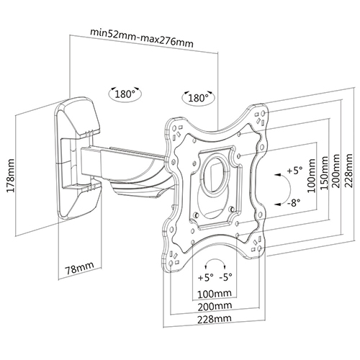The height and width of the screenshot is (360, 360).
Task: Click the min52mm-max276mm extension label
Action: (x=142, y=38)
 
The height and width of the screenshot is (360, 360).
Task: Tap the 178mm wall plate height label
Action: (x=10, y=176)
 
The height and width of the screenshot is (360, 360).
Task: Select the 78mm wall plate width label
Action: (x=79, y=268)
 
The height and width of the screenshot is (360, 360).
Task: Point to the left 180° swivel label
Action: (x=125, y=94)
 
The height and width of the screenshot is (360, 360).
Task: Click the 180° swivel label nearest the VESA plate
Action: (x=198, y=98)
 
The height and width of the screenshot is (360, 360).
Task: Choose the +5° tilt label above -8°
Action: (x=295, y=171)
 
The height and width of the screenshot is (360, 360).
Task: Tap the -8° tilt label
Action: (x=294, y=203)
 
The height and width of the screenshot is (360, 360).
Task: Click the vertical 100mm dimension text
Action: (x=312, y=176)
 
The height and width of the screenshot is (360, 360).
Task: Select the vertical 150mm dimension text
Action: (x=324, y=173)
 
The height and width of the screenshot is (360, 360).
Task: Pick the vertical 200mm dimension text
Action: (x=336, y=171)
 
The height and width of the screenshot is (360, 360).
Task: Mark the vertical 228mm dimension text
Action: (x=348, y=171)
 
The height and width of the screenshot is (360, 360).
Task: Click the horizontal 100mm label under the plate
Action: (x=215, y=294)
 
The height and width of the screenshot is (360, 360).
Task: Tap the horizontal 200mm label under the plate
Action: (x=215, y=306)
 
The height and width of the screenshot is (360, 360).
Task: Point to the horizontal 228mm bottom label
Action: (x=215, y=319)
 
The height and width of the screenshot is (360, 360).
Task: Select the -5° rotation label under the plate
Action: (x=226, y=277)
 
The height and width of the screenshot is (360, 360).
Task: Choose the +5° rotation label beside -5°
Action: (x=205, y=277)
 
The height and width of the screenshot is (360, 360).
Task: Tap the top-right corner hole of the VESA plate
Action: (x=263, y=113)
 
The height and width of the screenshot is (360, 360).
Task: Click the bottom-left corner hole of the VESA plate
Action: (x=171, y=264)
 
